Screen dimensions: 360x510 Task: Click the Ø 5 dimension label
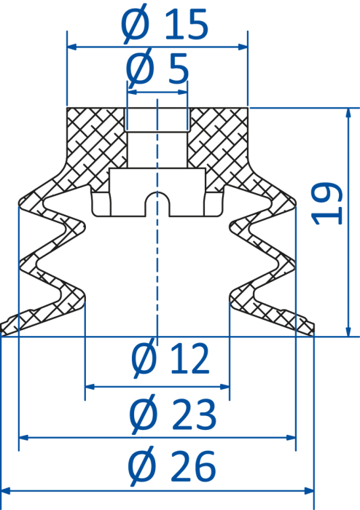(x=157, y=68)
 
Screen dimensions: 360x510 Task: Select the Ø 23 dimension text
(x=173, y=414)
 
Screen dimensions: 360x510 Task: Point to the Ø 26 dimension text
(x=172, y=466)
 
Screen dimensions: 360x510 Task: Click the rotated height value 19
(x=326, y=204)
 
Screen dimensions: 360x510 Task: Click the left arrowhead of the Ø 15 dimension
(x=72, y=47)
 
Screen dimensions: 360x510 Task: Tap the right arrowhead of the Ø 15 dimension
(x=243, y=47)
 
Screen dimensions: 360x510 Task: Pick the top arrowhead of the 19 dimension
(x=348, y=112)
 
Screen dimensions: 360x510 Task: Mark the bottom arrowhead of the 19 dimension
(x=348, y=331)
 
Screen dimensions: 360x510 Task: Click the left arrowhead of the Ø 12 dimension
(x=90, y=387)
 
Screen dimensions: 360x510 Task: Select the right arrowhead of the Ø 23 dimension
(x=291, y=437)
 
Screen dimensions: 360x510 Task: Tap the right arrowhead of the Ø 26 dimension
(x=309, y=490)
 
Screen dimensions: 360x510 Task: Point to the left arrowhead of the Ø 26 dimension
(x=6, y=490)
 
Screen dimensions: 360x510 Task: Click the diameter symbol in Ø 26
(x=142, y=466)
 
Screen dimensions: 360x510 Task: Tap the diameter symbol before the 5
(x=140, y=68)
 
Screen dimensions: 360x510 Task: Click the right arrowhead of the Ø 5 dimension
(x=183, y=92)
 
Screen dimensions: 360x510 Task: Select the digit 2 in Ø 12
(x=197, y=359)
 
